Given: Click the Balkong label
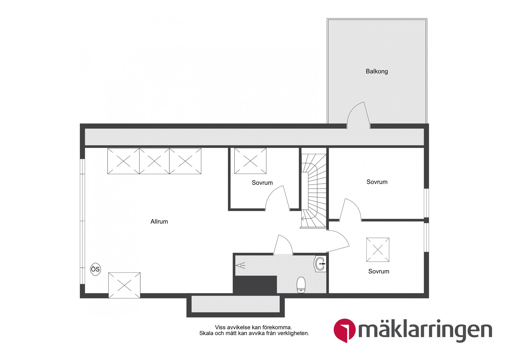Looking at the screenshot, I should point(376,71).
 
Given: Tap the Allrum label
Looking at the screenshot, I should point(159,222).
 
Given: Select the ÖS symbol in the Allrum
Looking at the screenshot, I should point(95,269).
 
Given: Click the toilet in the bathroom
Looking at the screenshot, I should point(301,285).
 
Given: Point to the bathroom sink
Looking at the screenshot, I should point(320,264).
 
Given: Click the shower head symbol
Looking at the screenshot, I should point(240,265).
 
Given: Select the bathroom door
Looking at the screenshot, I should point(283,245).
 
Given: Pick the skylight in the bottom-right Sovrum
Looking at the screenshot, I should point(378,250).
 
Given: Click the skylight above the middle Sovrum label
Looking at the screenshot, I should point(250,161).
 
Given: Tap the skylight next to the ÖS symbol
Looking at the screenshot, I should point(124,285).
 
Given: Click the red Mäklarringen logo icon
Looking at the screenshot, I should point(344,330).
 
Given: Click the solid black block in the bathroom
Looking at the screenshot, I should point(255,284).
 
